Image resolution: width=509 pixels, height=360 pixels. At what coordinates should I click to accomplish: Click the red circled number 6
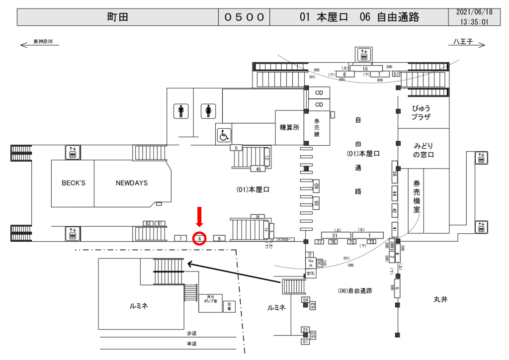pos(199,239)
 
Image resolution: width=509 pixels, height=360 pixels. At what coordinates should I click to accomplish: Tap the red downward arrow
pos(199,217)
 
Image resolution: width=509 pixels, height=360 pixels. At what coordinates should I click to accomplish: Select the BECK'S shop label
pos(74,183)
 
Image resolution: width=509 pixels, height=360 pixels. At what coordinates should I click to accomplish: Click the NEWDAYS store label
pos(132,183)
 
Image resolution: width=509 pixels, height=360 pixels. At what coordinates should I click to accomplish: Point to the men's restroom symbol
pos(181,111)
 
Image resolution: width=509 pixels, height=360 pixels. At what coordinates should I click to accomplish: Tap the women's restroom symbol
pos(207,111)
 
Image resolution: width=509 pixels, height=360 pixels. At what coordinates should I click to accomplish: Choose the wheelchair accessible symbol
pos(224,135)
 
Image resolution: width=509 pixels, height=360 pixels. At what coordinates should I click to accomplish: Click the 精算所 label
pos(289,127)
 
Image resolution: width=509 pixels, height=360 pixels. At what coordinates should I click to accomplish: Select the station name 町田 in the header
pos(118,17)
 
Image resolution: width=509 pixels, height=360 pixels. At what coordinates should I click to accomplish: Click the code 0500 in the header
pos(244,17)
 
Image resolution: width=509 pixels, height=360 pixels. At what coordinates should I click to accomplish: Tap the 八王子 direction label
pos(463,42)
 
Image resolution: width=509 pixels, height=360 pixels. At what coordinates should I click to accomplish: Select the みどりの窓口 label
pos(424,150)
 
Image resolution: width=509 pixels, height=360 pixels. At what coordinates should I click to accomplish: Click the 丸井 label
pos(440,299)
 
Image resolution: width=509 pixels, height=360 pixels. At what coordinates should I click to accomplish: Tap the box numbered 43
pos(258,170)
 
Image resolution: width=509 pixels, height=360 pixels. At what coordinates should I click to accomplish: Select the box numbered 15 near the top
pos(365,69)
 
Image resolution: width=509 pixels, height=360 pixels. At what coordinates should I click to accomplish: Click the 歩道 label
pos(192,333)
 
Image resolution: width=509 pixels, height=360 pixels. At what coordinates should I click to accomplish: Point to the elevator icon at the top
pos(364,53)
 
